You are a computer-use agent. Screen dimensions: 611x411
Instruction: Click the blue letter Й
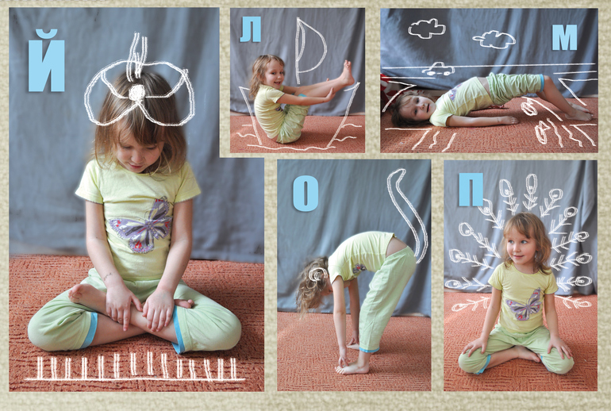pos(46,61)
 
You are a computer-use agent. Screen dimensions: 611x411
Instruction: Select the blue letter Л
pos(250,29)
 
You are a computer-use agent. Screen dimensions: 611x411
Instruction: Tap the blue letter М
pos(564,37)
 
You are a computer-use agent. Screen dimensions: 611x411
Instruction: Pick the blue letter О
pos(305,194)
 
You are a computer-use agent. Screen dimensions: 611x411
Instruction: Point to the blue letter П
pos(471,190)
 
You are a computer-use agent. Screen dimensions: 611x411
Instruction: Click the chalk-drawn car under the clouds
pos(438,69)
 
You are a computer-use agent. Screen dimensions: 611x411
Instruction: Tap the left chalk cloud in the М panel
pos(427,29)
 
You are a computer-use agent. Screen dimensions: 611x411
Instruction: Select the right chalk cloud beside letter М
pos(494,40)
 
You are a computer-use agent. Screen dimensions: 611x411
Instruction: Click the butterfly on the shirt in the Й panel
pos(141,225)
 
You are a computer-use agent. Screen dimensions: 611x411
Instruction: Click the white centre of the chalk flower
pos(136,93)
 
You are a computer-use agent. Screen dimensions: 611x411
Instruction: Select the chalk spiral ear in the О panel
pos(318,275)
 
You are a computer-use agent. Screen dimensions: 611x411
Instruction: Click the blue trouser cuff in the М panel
pos(542,83)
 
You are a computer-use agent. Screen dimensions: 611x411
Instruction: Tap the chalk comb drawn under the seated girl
pos(134,367)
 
